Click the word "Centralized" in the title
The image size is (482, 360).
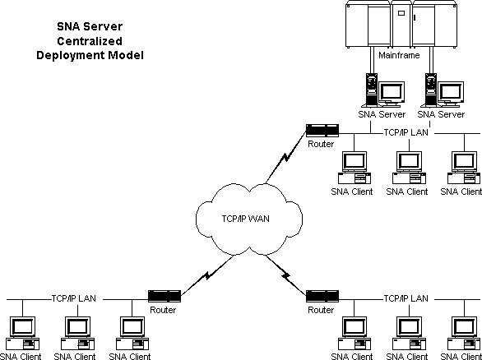click(x=90, y=41)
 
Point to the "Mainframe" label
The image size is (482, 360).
click(x=399, y=55)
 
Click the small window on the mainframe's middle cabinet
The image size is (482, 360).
click(x=401, y=13)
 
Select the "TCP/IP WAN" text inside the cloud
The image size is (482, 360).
click(x=245, y=219)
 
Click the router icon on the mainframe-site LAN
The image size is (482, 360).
click(x=322, y=130)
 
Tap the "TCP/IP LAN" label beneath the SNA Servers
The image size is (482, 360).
click(x=406, y=132)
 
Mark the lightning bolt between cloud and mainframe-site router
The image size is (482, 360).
click(x=285, y=157)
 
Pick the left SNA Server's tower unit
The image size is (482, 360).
click(x=371, y=89)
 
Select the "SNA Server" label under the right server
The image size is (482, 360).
click(x=441, y=114)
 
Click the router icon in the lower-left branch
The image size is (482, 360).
click(x=165, y=296)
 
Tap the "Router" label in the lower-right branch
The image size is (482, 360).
click(x=321, y=310)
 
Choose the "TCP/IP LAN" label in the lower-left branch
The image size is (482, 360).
click(x=73, y=298)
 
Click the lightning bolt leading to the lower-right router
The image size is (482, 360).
click(x=286, y=275)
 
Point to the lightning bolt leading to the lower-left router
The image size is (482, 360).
click(x=207, y=275)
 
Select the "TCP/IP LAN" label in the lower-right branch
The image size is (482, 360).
click(x=406, y=298)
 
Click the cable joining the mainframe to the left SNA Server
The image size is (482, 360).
click(x=372, y=60)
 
